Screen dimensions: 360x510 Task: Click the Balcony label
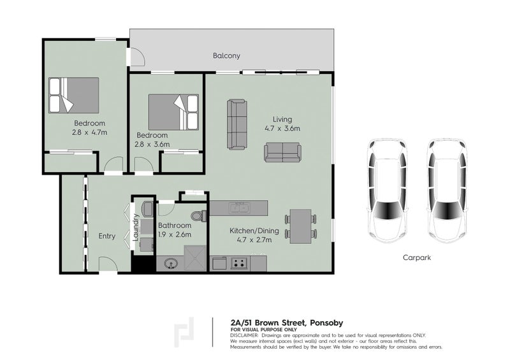point(226,55)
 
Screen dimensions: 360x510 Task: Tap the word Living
point(282,119)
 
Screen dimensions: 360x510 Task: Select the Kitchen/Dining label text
point(250,232)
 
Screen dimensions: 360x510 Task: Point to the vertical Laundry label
point(136,226)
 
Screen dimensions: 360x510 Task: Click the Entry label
point(106,236)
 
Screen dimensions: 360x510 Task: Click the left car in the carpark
point(387,191)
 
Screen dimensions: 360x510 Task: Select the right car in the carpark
point(446,191)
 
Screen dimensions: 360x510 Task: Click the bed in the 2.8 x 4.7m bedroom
point(74,95)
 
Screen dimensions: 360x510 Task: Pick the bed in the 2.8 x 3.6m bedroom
point(173,112)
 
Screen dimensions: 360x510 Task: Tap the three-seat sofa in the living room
point(237,124)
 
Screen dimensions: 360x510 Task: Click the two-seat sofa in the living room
point(283,152)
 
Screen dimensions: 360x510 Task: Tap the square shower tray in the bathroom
point(196,262)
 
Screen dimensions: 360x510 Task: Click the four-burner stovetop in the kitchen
point(240,263)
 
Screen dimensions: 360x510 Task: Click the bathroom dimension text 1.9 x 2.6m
point(175,234)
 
